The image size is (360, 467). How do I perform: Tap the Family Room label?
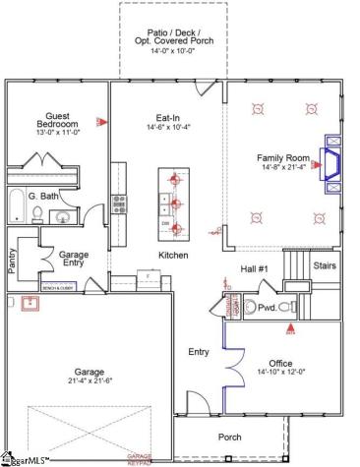point(282,157)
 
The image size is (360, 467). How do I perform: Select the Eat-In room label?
point(166,115)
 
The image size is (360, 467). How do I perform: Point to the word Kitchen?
point(173,255)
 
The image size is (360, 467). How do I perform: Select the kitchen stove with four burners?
point(120,204)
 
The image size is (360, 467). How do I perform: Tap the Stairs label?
point(325,264)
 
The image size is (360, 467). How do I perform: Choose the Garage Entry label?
point(74,259)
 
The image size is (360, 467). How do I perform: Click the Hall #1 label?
point(256,268)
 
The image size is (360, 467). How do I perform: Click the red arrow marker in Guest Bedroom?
point(100,122)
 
